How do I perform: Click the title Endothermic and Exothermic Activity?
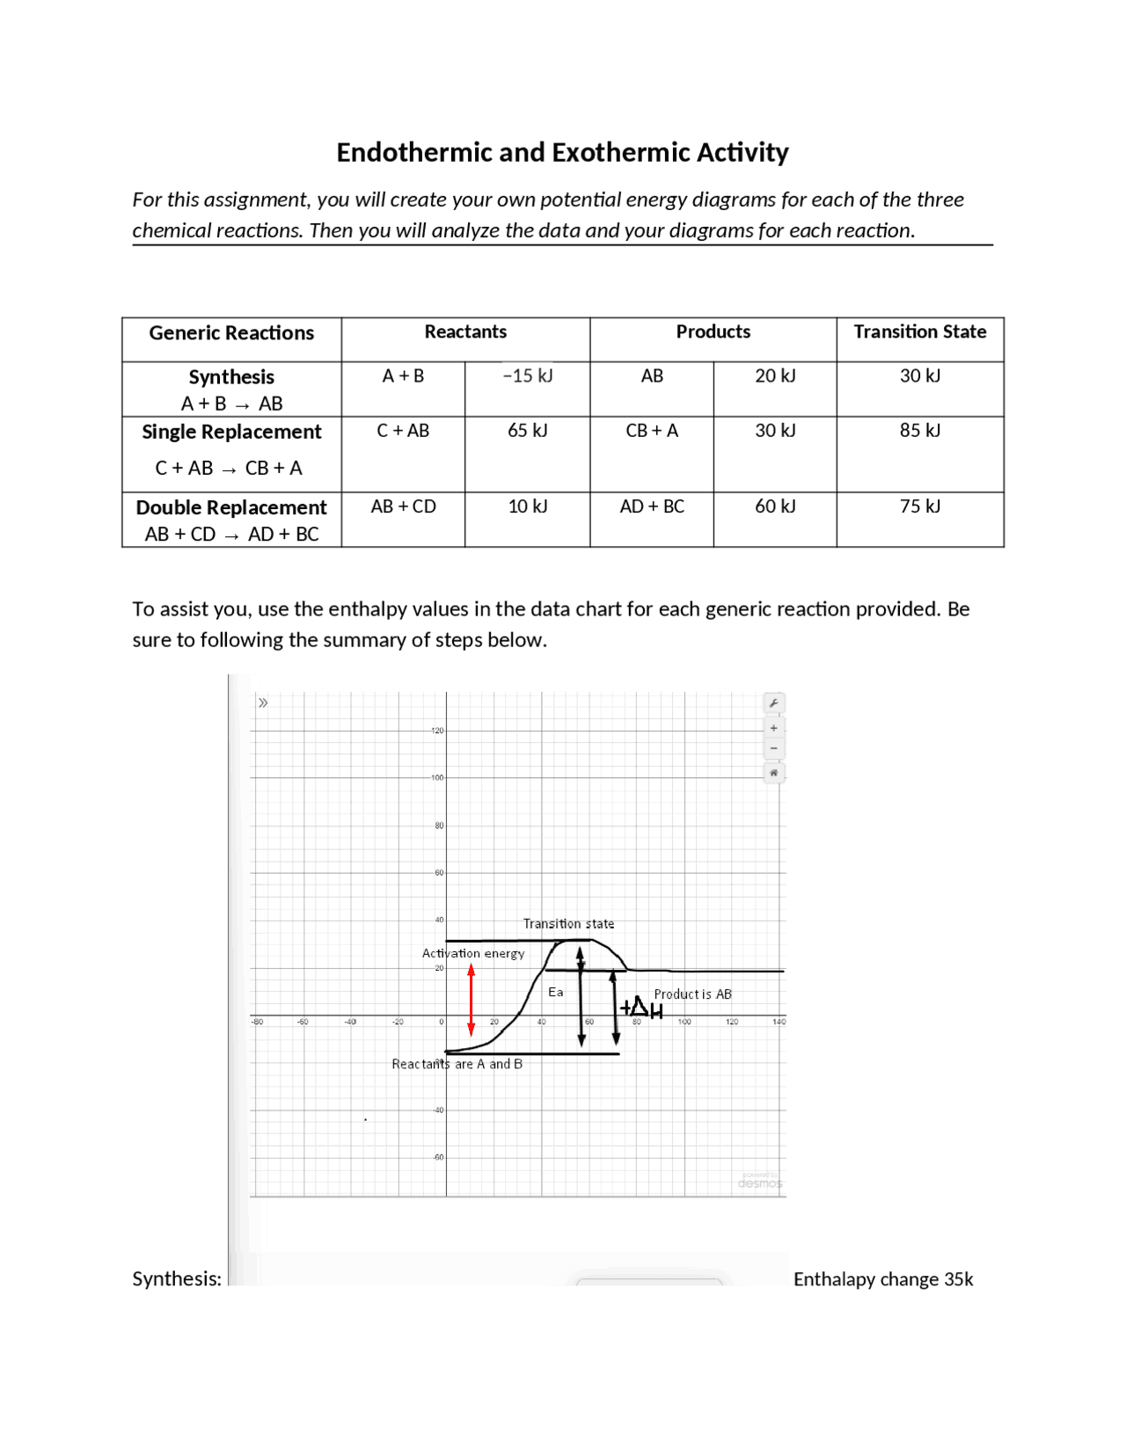pyautogui.click(x=562, y=152)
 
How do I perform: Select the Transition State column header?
pyautogui.click(x=919, y=332)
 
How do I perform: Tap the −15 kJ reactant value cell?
pyautogui.click(x=527, y=376)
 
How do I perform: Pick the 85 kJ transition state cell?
pyautogui.click(x=919, y=431)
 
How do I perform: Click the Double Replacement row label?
pyautogui.click(x=231, y=508)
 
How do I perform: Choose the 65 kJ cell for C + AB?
pyautogui.click(x=527, y=431)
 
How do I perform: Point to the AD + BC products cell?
pyautogui.click(x=652, y=507)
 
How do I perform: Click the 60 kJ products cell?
pyautogui.click(x=774, y=507)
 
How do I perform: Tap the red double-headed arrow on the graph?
pyautogui.click(x=472, y=1000)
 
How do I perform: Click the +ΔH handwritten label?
pyautogui.click(x=641, y=1008)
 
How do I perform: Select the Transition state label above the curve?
pyautogui.click(x=568, y=923)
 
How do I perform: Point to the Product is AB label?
pyautogui.click(x=692, y=994)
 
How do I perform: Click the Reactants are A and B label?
pyautogui.click(x=457, y=1064)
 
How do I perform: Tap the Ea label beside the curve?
pyautogui.click(x=555, y=992)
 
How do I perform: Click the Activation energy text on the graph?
pyautogui.click(x=473, y=953)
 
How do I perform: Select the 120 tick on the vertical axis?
pyautogui.click(x=437, y=731)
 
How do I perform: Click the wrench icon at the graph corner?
pyautogui.click(x=773, y=703)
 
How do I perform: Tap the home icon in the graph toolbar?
pyautogui.click(x=773, y=773)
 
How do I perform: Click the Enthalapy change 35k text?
pyautogui.click(x=882, y=1279)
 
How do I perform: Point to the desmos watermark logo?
pyautogui.click(x=759, y=1183)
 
